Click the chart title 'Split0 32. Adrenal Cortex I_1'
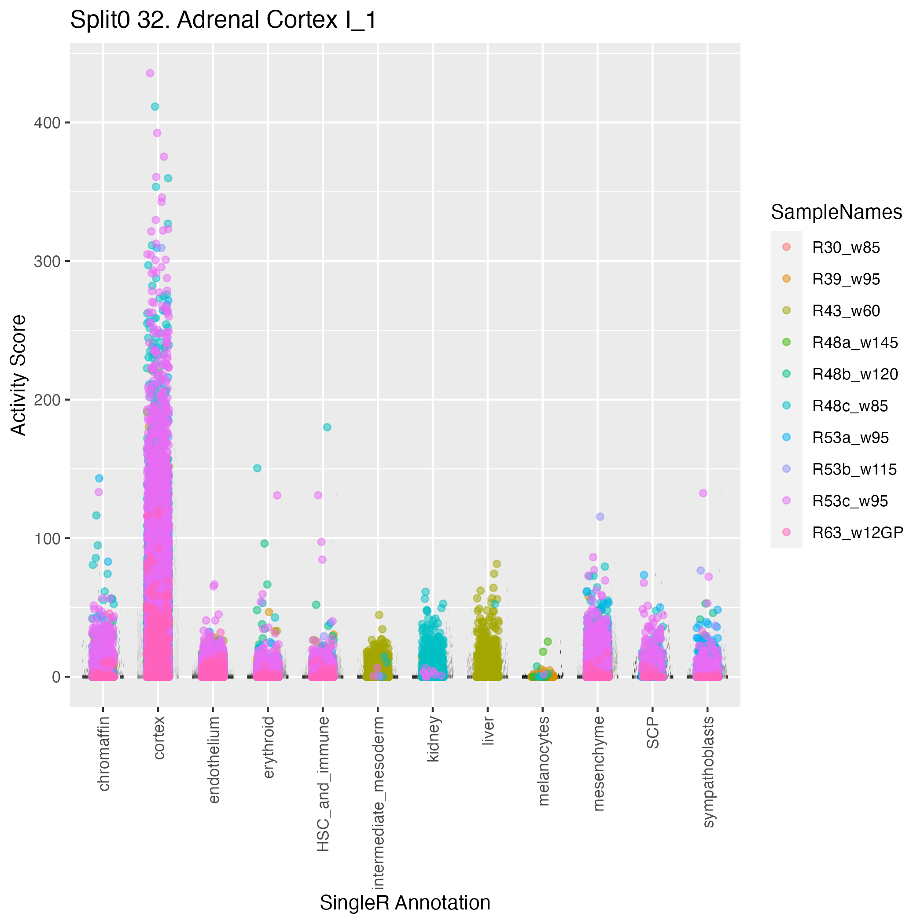[223, 21]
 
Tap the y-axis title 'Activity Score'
[18, 375]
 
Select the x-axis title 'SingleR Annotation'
[405, 903]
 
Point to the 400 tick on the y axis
[48, 123]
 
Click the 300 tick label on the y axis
[48, 261]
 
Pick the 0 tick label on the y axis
[56, 677]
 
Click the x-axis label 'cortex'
[159, 738]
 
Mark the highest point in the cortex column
[150, 73]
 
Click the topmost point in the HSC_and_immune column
[327, 427]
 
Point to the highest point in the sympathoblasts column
[703, 493]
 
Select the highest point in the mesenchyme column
[600, 516]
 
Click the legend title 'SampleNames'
[836, 212]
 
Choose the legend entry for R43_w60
[846, 311]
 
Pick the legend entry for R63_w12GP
[857, 532]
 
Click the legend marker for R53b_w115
[786, 469]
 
